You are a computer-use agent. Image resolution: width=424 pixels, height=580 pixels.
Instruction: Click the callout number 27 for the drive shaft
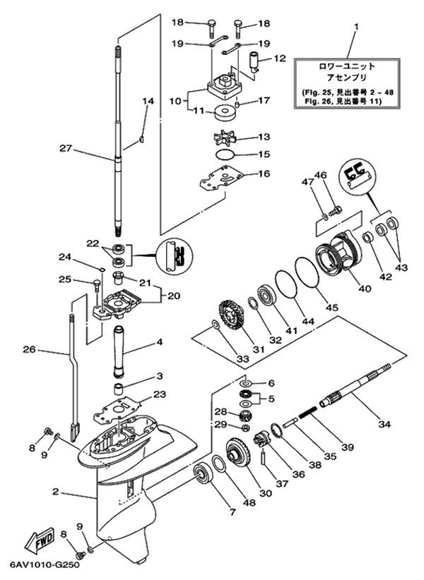[65, 149]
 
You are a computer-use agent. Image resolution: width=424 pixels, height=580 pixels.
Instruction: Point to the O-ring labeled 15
[225, 155]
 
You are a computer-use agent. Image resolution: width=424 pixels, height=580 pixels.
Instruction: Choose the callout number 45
[332, 308]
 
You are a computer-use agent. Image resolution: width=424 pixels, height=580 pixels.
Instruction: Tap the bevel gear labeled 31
[230, 316]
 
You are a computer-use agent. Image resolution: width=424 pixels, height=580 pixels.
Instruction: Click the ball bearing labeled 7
[203, 473]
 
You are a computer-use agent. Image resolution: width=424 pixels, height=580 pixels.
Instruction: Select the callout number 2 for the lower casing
[56, 492]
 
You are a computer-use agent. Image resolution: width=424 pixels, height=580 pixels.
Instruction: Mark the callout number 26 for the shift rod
[29, 349]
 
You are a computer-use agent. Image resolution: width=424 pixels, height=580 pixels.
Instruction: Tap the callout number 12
[280, 59]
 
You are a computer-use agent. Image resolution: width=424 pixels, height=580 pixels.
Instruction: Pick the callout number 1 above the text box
[356, 27]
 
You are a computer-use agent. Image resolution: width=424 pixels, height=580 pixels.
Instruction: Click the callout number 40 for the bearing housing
[365, 288]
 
